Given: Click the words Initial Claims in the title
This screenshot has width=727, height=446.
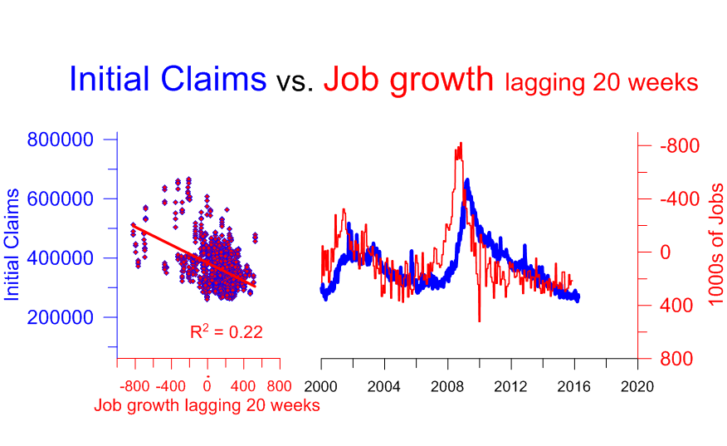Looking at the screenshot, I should click(x=168, y=80).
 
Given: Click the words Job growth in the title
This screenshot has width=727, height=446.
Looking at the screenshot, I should click(x=408, y=80).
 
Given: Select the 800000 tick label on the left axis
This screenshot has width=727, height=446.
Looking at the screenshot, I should click(x=60, y=140).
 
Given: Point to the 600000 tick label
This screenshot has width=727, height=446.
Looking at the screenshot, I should click(x=60, y=199).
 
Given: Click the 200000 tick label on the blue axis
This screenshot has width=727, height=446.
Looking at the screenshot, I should click(x=60, y=317).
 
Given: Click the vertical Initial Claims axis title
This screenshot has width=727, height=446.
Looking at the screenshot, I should click(x=13, y=245).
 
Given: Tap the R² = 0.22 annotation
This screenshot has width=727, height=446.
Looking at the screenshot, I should click(x=227, y=333).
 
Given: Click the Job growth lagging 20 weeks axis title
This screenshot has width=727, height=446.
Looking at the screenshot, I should click(x=207, y=406).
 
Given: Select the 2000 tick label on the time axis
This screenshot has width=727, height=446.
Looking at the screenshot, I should click(x=321, y=386).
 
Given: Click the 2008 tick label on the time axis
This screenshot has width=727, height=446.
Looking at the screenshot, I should click(x=448, y=386).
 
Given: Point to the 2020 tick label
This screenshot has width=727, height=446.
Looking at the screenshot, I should click(x=637, y=386).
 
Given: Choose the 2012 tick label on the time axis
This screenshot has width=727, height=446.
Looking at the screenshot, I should click(x=511, y=386).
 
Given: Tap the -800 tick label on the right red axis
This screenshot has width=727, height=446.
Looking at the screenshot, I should click(x=681, y=146).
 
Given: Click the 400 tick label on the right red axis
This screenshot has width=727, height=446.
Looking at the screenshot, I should click(x=677, y=306).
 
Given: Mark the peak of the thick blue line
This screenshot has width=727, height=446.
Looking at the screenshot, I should click(x=468, y=179).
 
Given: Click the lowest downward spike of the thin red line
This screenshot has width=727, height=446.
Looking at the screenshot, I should click(x=479, y=321).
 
